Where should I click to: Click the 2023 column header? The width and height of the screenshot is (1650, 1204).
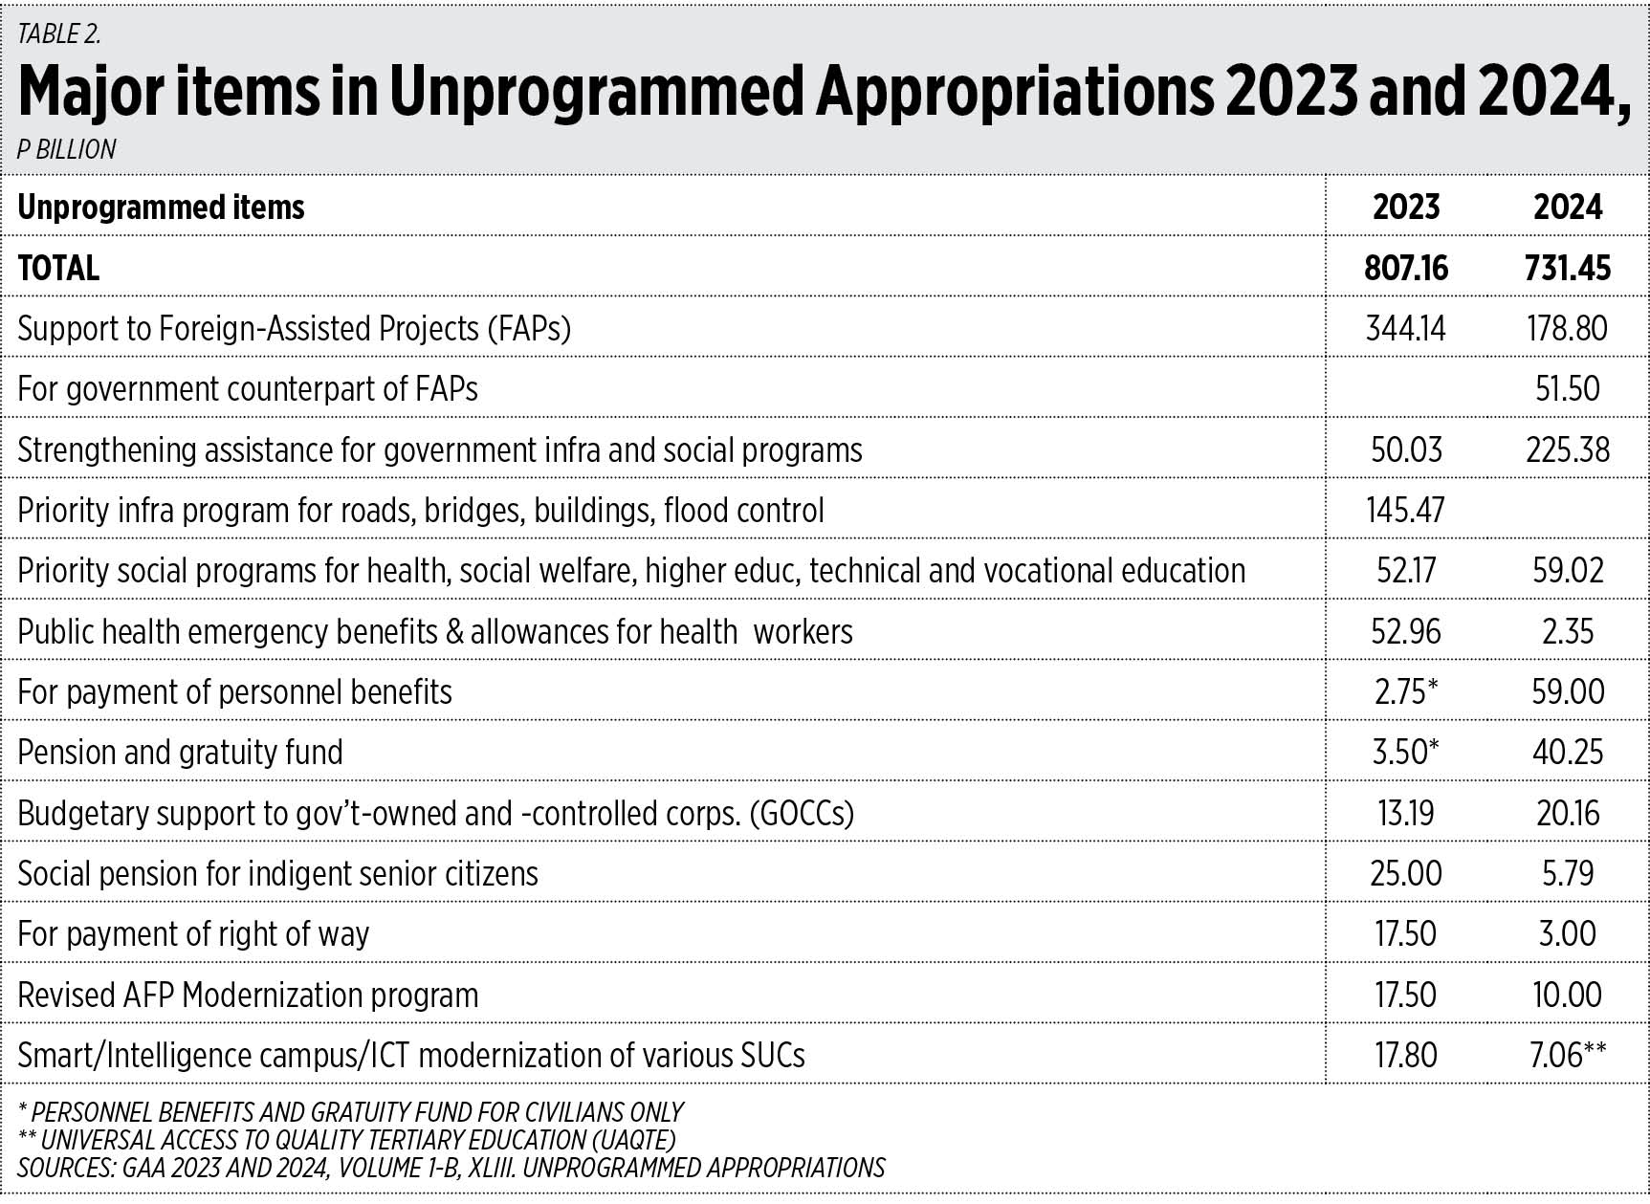pyautogui.click(x=1405, y=207)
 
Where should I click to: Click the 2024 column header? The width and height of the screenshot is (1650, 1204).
pyautogui.click(x=1568, y=207)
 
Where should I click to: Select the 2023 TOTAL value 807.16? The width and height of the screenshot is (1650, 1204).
pyautogui.click(x=1405, y=268)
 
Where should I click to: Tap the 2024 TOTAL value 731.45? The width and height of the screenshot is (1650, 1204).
pyautogui.click(x=1568, y=268)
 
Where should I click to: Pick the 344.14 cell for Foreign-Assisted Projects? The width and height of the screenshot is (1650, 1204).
pyautogui.click(x=1405, y=328)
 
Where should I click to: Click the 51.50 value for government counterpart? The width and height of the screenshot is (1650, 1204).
pyautogui.click(x=1568, y=388)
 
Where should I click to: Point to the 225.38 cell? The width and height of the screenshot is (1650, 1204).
pyautogui.click(x=1568, y=449)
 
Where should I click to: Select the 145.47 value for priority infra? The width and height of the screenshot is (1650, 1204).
pyautogui.click(x=1405, y=510)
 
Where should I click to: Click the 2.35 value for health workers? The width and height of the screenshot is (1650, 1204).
pyautogui.click(x=1568, y=631)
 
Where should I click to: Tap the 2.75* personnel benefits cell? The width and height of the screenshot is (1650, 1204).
pyautogui.click(x=1407, y=691)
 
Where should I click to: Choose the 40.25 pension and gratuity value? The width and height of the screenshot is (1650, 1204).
pyautogui.click(x=1568, y=752)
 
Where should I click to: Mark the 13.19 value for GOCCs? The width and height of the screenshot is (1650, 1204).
pyautogui.click(x=1405, y=813)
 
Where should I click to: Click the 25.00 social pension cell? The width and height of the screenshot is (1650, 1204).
pyautogui.click(x=1405, y=873)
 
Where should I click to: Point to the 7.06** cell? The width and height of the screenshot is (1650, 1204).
pyautogui.click(x=1568, y=1055)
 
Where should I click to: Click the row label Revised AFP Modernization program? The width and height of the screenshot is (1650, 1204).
pyautogui.click(x=248, y=996)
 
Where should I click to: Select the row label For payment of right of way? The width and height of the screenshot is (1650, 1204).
pyautogui.click(x=193, y=934)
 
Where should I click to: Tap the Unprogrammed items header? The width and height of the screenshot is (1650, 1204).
pyautogui.click(x=161, y=208)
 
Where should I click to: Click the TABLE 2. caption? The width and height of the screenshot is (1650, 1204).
pyautogui.click(x=59, y=34)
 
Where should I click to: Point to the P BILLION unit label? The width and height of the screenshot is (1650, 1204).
pyautogui.click(x=67, y=149)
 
